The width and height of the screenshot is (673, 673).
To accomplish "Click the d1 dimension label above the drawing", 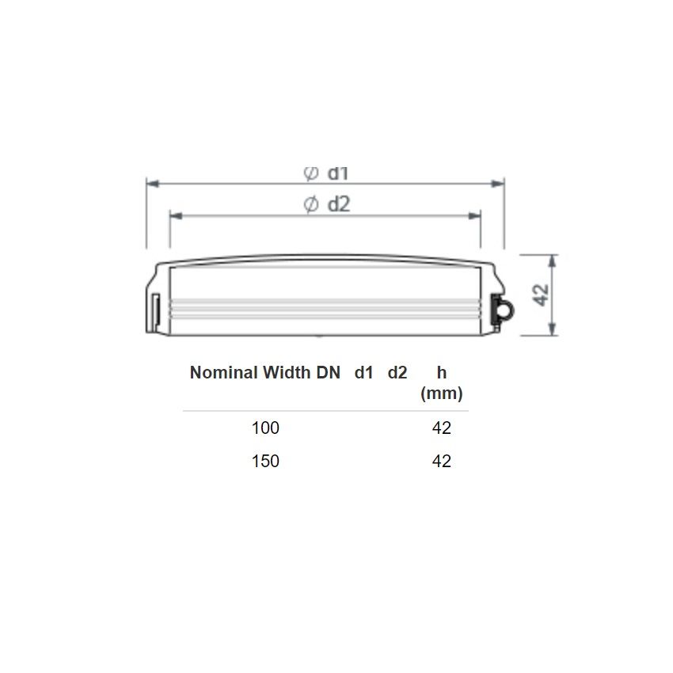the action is pos(338,173).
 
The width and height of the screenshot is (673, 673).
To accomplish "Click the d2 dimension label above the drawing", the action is pos(339,204).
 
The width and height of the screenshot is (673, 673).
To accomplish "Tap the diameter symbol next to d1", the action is pos(310,173).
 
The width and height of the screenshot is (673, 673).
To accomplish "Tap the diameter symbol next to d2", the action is pos(310,204).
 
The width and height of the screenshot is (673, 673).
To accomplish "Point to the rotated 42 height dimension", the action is pos(540,295).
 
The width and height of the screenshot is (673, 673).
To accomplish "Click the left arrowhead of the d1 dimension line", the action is pos(153,184).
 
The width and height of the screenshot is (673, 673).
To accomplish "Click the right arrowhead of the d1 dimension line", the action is pos(497,184).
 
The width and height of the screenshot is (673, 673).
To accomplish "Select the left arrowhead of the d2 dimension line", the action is pos(177,215).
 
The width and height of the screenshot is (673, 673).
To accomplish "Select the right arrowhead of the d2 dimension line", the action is pos(474,215).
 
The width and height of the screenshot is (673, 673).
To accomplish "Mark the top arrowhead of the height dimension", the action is pos(553,261).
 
